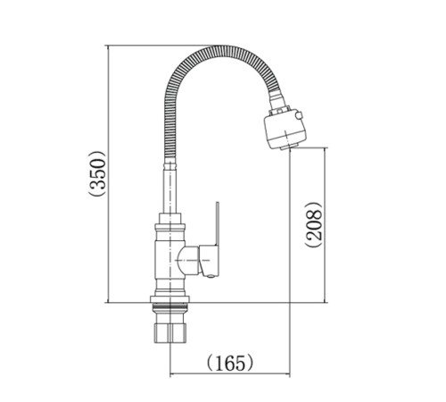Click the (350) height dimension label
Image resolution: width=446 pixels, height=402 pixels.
(97, 173)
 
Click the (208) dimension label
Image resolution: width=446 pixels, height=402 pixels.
(313, 224)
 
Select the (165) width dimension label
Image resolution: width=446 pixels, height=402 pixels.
(230, 363)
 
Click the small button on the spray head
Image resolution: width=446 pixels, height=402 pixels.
(299, 115)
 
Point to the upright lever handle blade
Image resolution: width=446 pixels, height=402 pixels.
(218, 224)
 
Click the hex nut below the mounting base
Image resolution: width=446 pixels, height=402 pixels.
(169, 333)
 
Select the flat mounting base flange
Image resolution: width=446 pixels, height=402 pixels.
(169, 299)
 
